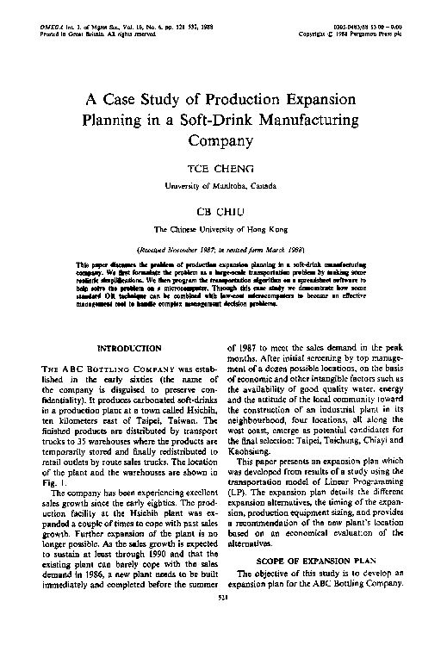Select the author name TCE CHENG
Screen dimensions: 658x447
(x=223, y=167)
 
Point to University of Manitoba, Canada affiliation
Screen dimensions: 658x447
(x=223, y=184)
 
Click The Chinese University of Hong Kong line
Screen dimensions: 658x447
(x=223, y=230)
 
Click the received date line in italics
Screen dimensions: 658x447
(x=223, y=248)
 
